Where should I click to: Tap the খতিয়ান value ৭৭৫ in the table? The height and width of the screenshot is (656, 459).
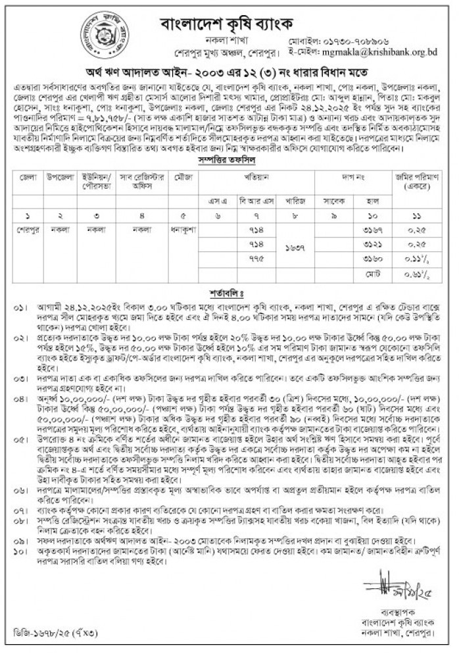click(x=258, y=259)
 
